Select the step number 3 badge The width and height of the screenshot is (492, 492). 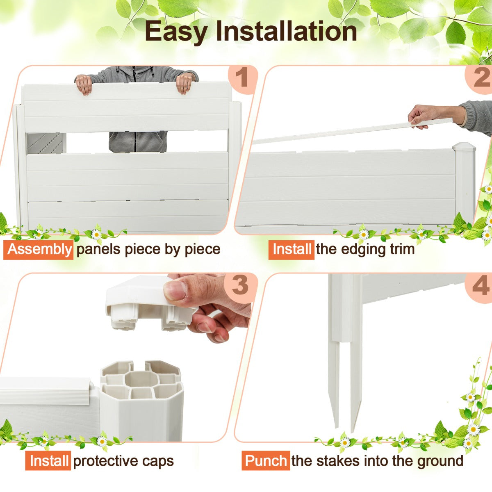[x=240, y=285]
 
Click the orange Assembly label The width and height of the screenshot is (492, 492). [x=38, y=249]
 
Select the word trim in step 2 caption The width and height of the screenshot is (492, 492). [x=402, y=249]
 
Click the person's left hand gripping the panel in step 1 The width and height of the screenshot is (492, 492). [x=184, y=84]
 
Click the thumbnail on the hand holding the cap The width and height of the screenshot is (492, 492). [x=175, y=291]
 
